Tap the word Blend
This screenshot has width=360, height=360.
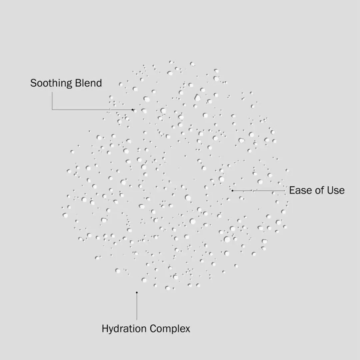(88, 83)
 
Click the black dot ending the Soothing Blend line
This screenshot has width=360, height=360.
(132, 110)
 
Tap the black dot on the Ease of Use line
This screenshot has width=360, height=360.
(232, 191)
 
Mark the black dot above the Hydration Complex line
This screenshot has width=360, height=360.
(137, 293)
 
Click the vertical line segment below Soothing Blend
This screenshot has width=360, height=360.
(52, 101)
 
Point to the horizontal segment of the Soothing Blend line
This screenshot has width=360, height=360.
(92, 110)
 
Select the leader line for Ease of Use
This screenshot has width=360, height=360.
(259, 191)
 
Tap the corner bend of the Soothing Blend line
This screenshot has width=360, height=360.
(52, 110)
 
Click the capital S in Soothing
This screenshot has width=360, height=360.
(33, 83)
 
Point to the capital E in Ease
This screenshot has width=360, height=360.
(292, 190)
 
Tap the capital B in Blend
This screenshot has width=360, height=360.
(79, 83)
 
